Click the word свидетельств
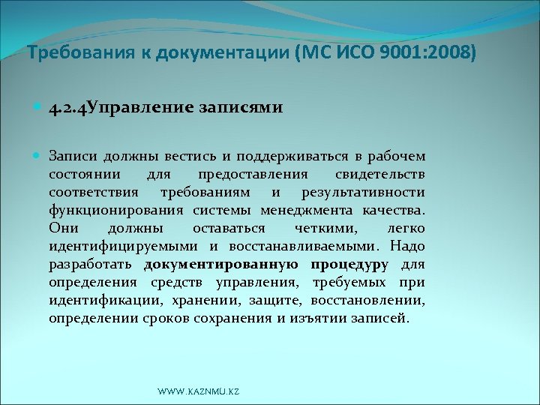tap(381, 174)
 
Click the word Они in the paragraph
tap(63, 228)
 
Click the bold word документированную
tap(222, 264)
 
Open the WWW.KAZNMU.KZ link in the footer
tap(198, 391)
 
